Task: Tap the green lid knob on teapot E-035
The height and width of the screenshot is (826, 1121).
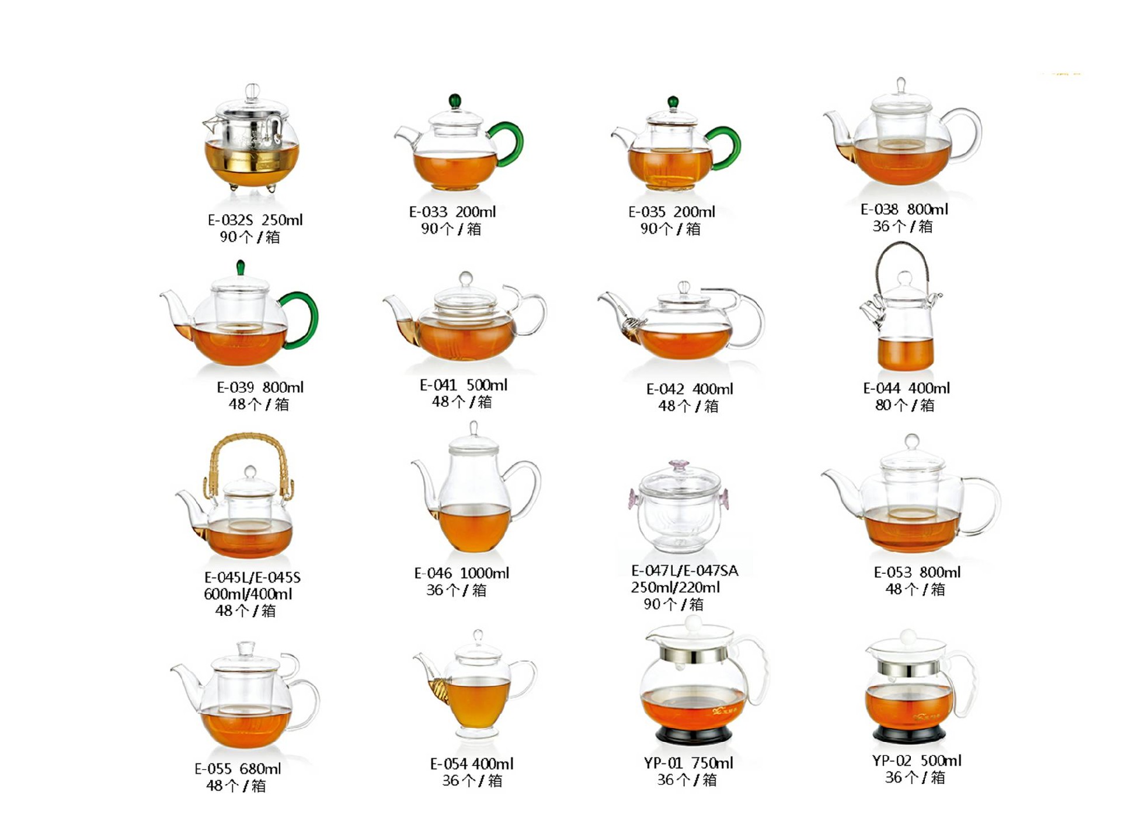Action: tap(673, 103)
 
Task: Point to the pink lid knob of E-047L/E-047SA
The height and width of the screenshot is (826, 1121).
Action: tap(679, 465)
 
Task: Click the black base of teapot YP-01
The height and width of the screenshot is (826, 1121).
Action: tap(693, 734)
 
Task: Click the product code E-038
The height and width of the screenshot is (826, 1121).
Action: tap(880, 209)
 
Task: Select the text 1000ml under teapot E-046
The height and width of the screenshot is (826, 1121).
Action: tap(484, 573)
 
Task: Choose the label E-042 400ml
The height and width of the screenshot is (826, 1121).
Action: tap(690, 389)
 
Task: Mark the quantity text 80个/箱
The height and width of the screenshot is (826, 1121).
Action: tap(904, 405)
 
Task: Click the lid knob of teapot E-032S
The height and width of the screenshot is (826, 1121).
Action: tap(252, 92)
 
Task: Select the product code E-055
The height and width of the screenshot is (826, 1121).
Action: tap(213, 769)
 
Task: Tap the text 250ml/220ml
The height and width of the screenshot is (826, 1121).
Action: tap(675, 587)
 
